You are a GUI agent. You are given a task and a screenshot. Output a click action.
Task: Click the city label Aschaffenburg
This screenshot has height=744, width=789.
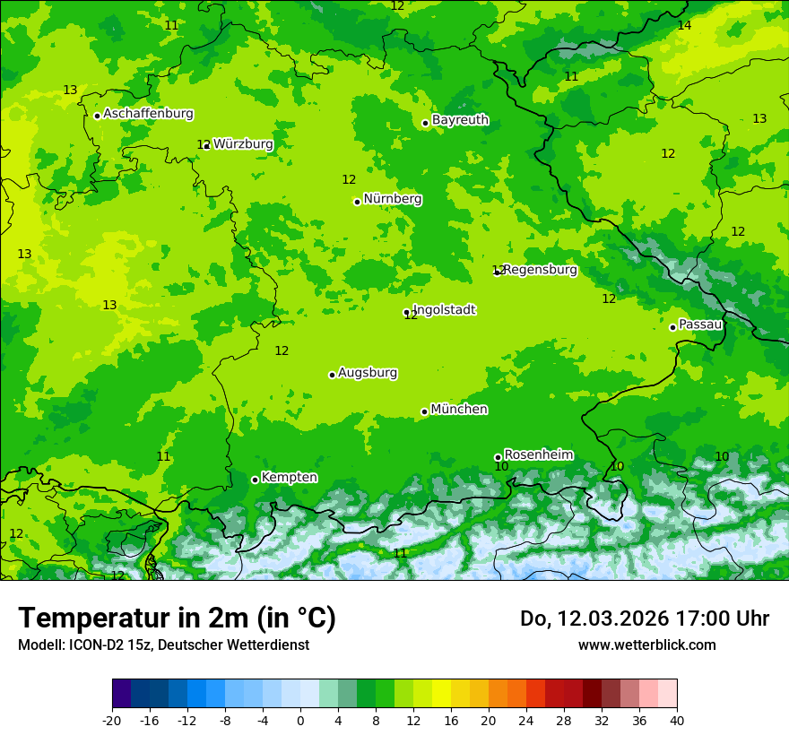[148, 114]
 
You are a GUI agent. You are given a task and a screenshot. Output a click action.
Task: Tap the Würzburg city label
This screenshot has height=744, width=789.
[243, 143]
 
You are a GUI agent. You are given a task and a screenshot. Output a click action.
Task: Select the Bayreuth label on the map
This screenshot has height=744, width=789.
[460, 119]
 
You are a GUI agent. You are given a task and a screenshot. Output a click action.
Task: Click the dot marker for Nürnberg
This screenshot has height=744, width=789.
[357, 202]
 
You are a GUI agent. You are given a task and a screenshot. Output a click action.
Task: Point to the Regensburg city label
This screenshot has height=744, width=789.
[540, 269]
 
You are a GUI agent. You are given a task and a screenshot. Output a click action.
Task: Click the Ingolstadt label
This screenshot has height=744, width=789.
[444, 309]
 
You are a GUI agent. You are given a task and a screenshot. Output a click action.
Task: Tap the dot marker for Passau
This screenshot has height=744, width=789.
[672, 327]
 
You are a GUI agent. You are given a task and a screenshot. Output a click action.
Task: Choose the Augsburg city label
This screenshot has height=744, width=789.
[368, 372]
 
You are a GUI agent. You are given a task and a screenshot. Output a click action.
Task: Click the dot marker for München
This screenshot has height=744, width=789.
[424, 412]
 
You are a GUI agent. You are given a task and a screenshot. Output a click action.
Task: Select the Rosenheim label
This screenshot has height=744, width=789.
[538, 454]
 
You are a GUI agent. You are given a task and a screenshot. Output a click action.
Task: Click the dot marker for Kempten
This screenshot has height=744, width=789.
[255, 480]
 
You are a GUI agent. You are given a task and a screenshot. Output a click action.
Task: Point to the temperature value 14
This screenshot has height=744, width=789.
[684, 25]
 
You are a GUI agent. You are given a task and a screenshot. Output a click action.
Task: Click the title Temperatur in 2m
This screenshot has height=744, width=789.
[177, 618]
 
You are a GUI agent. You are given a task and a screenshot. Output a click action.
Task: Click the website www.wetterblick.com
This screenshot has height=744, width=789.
[646, 645]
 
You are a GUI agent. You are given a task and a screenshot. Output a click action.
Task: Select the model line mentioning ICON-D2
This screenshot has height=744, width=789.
[163, 645]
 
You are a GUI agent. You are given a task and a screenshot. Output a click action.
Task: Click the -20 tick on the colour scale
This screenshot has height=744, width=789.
[112, 720]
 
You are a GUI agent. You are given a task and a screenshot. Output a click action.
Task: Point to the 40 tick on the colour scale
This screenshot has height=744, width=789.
[677, 720]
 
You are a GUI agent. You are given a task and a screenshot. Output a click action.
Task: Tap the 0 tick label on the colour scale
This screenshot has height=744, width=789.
[300, 720]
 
